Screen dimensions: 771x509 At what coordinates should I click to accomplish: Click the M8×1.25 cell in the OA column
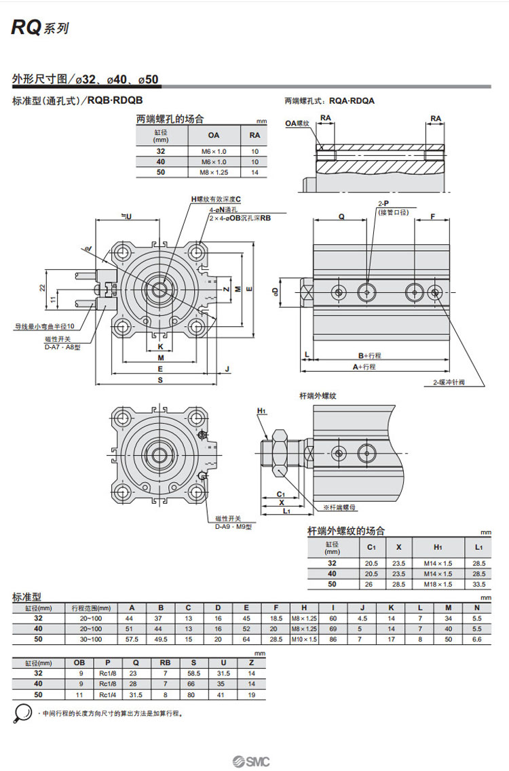click(213, 172)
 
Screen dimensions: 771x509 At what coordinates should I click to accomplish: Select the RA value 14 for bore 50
click(255, 172)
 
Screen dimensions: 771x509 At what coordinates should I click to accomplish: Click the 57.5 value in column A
click(132, 639)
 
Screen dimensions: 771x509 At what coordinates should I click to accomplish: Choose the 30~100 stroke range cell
click(91, 639)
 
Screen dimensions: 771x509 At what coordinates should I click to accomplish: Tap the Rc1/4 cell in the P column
click(105, 694)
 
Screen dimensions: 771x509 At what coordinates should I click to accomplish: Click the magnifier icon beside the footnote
click(22, 713)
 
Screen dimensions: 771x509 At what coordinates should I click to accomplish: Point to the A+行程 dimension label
click(363, 367)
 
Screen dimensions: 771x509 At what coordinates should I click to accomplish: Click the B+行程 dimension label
click(370, 355)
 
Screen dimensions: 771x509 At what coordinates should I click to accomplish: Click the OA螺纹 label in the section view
click(297, 123)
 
